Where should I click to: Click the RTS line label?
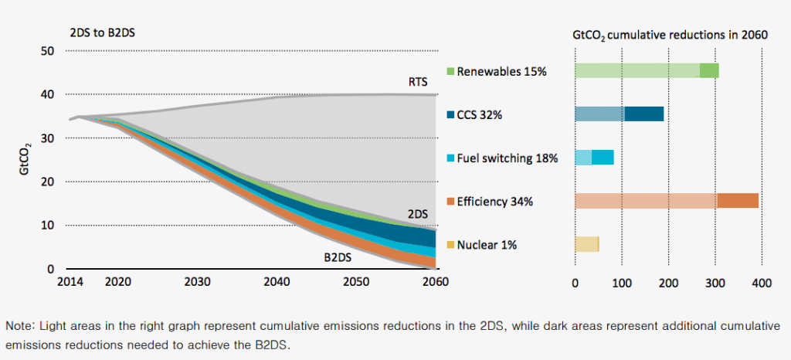(x=418, y=81)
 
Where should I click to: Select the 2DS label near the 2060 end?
(x=418, y=212)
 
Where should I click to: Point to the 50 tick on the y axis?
(x=47, y=51)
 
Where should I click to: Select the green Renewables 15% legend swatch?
(x=450, y=72)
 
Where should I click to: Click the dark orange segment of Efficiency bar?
(x=737, y=201)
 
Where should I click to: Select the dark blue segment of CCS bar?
(x=643, y=114)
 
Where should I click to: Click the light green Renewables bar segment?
(x=637, y=71)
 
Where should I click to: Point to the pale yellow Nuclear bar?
(x=586, y=244)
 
